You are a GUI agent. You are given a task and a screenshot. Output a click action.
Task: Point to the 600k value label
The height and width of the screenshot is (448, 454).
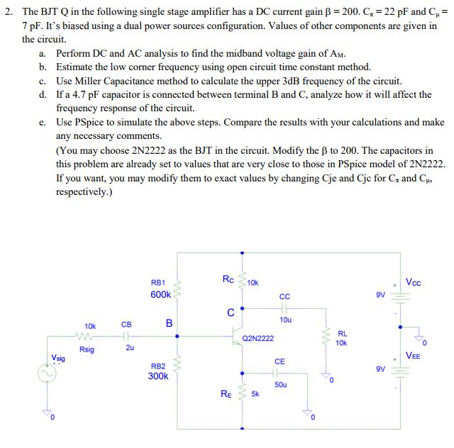(160, 294)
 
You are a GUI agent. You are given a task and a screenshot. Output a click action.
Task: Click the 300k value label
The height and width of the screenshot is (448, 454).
(157, 376)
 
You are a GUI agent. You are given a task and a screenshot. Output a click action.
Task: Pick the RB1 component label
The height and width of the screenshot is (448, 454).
(158, 282)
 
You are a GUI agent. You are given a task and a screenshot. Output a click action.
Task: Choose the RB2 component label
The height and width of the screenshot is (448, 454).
(157, 366)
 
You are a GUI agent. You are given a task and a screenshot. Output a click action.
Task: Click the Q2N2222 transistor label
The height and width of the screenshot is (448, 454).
(258, 339)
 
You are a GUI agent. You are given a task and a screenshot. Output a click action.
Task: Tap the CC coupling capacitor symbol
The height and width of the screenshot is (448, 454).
(284, 308)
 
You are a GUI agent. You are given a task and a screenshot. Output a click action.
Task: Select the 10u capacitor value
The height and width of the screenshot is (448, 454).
(285, 320)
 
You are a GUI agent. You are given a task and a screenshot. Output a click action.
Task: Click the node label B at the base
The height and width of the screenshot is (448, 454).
(169, 323)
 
